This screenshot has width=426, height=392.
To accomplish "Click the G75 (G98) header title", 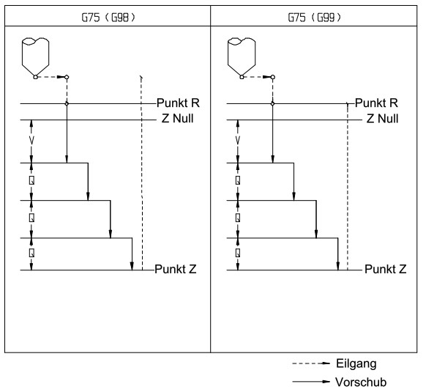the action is [108, 18].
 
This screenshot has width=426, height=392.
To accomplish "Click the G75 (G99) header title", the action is [314, 18].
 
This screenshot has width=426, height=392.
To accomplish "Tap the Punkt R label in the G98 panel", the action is [178, 103].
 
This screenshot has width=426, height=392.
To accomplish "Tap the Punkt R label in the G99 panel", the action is [376, 103].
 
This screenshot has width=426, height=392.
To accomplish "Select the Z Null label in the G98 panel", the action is [177, 119].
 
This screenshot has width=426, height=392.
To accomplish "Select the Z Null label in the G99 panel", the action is [382, 119].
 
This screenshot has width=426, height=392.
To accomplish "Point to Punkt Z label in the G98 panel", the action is [176, 270].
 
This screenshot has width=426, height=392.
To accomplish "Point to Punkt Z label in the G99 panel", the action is [386, 270].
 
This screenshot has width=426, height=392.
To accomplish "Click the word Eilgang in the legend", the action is [356, 363].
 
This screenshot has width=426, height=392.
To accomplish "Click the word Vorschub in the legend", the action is [361, 382].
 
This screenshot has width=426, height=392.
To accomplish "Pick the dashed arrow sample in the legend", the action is [311, 363].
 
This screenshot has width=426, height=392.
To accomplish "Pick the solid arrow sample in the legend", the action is [311, 382].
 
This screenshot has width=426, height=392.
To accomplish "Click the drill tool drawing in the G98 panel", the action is [35, 58].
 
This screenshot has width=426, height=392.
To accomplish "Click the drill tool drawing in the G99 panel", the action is [242, 58].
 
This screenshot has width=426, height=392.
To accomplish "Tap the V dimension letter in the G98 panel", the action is [31, 141].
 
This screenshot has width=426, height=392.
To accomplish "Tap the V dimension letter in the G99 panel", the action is [238, 141].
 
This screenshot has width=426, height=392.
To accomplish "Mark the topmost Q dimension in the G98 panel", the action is [31, 180].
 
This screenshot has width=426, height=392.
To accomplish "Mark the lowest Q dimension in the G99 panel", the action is [238, 253].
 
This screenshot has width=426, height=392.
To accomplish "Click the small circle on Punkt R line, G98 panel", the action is [67, 103].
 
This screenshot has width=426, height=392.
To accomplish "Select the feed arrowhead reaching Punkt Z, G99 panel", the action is [338, 266].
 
